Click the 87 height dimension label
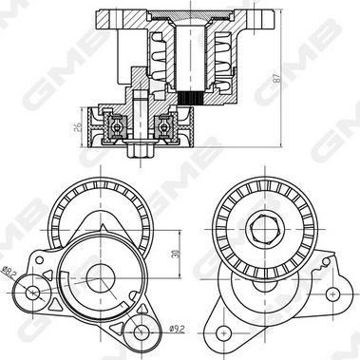pyautogui.click(x=276, y=78)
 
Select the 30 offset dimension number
pyautogui.click(x=175, y=254)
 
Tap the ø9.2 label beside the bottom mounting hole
pyautogui.click(x=177, y=330)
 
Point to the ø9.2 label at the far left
pyautogui.click(x=9, y=273)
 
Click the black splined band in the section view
pyautogui.click(x=191, y=98)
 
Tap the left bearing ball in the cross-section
pyautogui.click(x=117, y=127)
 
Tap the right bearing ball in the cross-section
pyautogui.click(x=163, y=127)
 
